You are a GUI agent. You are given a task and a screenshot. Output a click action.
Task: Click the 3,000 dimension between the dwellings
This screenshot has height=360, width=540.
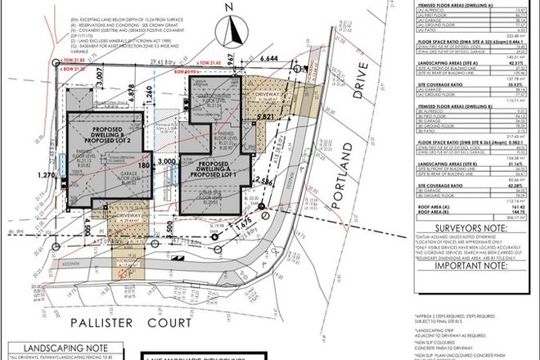point(168,164)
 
